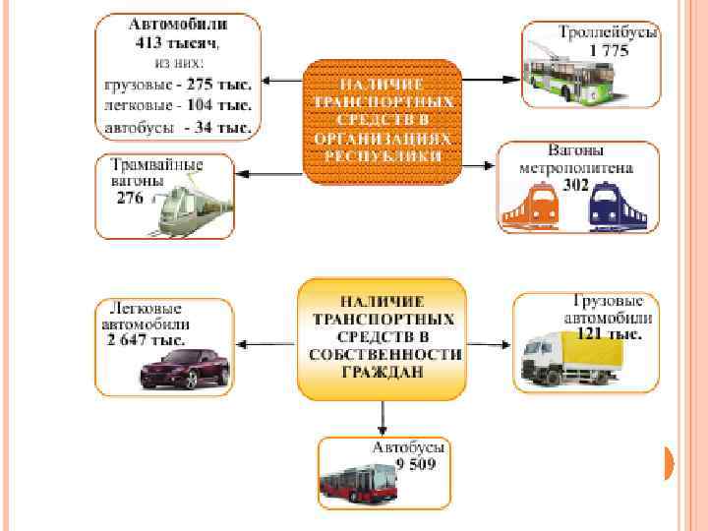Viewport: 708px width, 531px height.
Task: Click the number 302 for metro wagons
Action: tap(576, 184)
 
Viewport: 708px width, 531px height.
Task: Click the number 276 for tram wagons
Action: tap(130, 198)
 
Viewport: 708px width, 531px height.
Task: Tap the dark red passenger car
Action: tap(185, 369)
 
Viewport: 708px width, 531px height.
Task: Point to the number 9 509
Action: tap(416, 464)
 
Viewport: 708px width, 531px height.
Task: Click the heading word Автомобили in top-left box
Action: tap(178, 23)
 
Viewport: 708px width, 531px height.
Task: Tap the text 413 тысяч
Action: tap(177, 42)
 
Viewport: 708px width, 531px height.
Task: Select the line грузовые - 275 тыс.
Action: tap(178, 84)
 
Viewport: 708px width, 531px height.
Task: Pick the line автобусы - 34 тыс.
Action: tap(178, 127)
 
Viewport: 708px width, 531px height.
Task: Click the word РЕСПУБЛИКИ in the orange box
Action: tap(383, 156)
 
